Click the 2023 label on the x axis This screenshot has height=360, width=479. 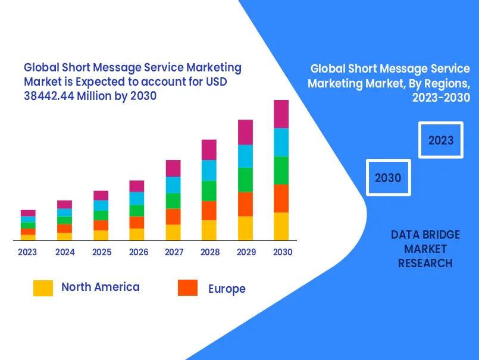click(x=27, y=252)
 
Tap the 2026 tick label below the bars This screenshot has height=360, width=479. click(x=138, y=252)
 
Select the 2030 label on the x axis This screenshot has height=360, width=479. click(x=283, y=252)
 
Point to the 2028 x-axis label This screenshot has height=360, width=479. click(x=210, y=252)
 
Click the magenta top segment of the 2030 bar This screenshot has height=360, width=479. click(x=281, y=114)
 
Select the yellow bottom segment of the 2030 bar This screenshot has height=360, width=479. click(x=281, y=226)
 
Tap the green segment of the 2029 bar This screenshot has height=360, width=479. click(x=245, y=180)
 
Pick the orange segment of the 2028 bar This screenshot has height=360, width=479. click(x=209, y=211)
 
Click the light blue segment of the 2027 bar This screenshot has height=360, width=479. click(x=173, y=185)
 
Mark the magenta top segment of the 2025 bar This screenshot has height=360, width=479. click(x=101, y=195)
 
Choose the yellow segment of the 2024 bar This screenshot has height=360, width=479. click(x=64, y=236)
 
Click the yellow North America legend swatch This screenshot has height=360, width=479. click(x=43, y=288)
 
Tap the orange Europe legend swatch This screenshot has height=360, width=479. click(x=187, y=288)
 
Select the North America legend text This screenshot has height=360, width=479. click(x=100, y=287)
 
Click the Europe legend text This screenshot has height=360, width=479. click(x=227, y=289)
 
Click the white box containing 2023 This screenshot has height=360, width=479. click(x=440, y=140)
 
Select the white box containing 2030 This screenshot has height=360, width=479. click(x=388, y=177)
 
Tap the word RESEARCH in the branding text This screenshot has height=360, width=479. click(x=425, y=263)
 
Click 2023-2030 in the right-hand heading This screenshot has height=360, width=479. click(x=441, y=98)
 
